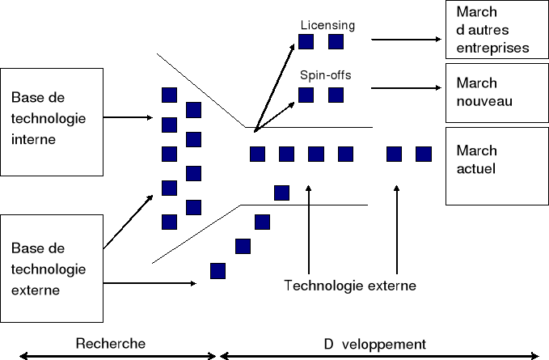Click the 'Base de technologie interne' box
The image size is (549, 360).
click(x=53, y=121)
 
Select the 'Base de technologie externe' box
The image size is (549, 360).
click(x=53, y=268)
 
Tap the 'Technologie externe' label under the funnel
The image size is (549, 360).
click(x=350, y=285)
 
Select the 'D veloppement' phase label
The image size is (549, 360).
click(x=375, y=342)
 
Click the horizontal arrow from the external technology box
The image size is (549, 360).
click(x=151, y=283)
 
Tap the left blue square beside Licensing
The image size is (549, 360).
click(x=306, y=41)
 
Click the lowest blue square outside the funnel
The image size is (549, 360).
click(x=217, y=270)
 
